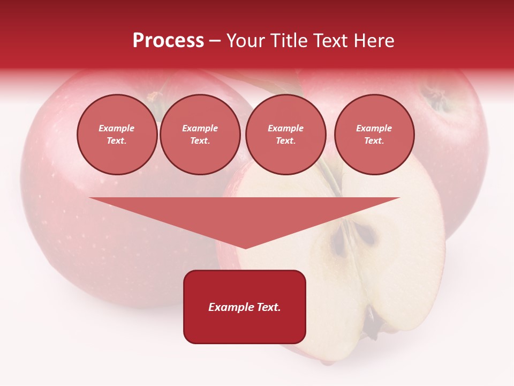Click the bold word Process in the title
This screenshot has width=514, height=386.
point(168,41)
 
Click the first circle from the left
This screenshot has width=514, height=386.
point(117,135)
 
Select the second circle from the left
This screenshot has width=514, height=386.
point(200,135)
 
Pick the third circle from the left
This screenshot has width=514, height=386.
point(285,135)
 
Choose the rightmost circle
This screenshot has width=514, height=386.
point(374,135)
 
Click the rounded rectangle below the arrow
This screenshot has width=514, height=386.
point(245,307)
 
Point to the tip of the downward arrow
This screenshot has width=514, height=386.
point(245,248)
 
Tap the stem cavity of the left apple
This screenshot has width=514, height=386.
point(155,98)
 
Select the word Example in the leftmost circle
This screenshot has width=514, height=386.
point(117,128)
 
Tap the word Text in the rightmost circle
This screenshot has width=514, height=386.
point(374,141)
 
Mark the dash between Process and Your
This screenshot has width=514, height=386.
point(215,41)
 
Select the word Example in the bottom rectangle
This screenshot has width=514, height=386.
point(229,307)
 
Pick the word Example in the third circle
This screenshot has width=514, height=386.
point(285,128)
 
